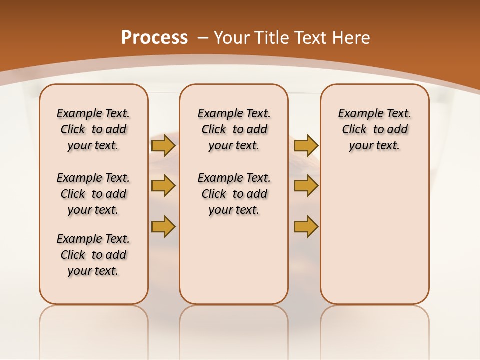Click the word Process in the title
pos(154,38)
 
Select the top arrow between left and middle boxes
pos(163,145)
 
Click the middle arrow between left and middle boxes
pos(163,186)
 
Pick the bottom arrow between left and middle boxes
pos(163,226)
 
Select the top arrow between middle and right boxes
pos(306,145)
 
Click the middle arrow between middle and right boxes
pos(306,186)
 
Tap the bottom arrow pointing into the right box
pos(306,226)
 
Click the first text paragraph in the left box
pos(93,129)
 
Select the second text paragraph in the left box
pos(93,194)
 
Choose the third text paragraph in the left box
pos(93,255)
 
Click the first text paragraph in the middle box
pos(234,129)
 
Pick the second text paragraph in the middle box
pos(234,194)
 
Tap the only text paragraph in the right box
pos(374,129)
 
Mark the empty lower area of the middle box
pos(234,260)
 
